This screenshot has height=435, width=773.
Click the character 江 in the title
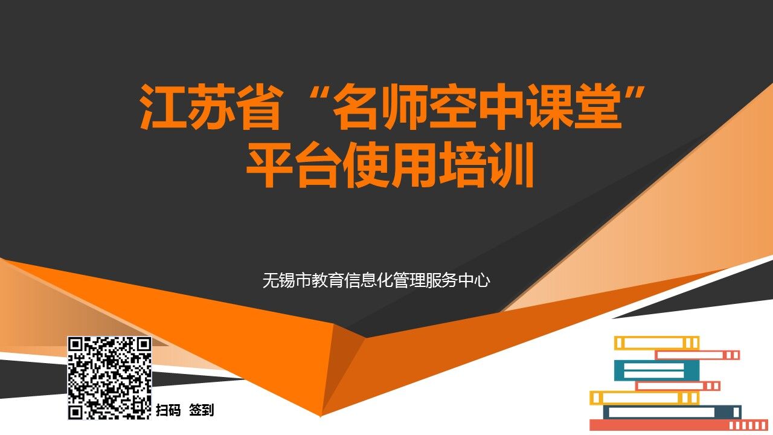161,107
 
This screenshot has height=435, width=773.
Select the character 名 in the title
356,107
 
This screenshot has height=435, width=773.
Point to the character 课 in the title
550,107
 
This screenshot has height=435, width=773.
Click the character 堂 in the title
598,107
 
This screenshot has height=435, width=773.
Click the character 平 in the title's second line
269,165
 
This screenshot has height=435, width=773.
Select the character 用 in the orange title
414,165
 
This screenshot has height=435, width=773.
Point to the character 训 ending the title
511,165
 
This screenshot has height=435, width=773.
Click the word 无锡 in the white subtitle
278,280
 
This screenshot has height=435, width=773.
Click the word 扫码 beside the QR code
168,410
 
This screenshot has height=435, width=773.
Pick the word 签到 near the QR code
202,410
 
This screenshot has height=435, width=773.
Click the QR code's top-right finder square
143,345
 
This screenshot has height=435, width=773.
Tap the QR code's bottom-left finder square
75,412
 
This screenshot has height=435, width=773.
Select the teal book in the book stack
656,370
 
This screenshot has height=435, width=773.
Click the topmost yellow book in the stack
656,343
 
